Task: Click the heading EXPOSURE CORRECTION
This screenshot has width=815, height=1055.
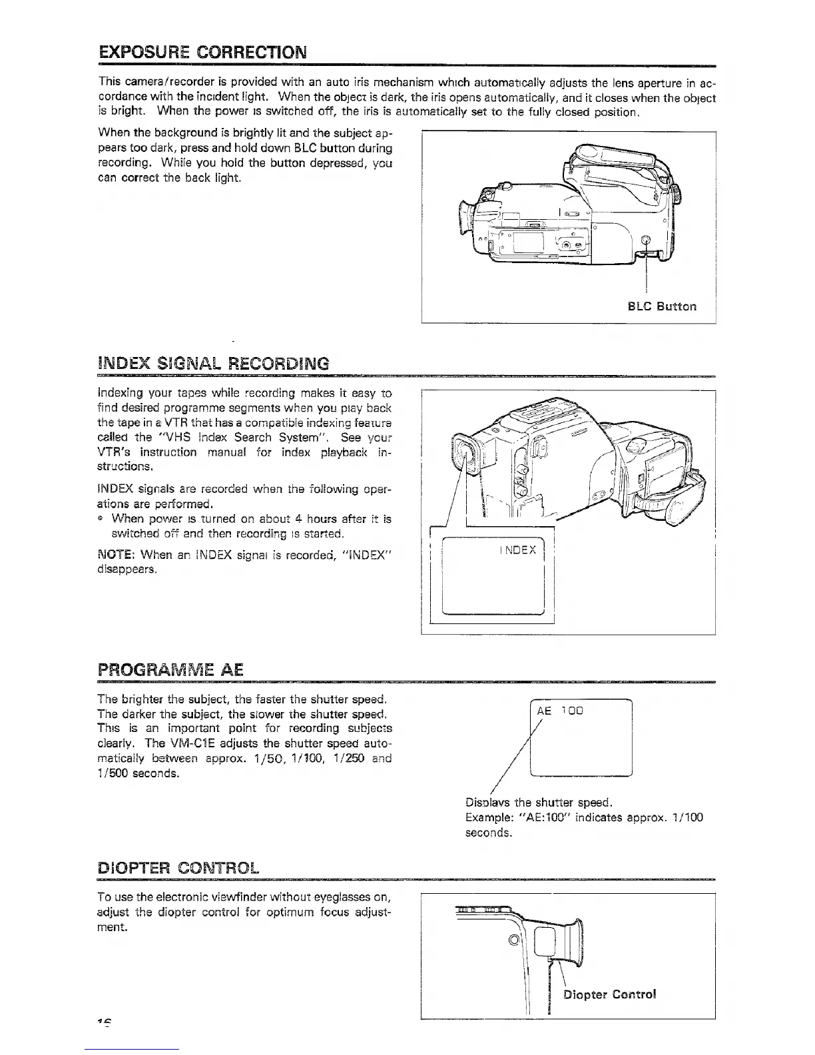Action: tap(202, 51)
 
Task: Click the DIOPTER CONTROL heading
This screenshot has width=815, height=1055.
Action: tap(178, 868)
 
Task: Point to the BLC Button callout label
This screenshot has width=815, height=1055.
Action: tap(662, 306)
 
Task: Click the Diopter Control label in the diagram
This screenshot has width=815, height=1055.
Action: tap(610, 995)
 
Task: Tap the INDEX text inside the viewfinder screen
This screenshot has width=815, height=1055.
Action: tap(517, 550)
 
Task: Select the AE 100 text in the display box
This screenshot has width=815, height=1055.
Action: tap(559, 711)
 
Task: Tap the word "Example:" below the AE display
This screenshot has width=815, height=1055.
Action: tap(487, 817)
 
